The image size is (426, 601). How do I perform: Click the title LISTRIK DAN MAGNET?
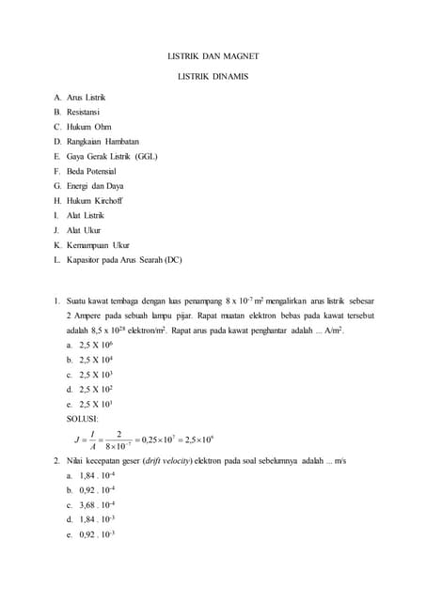click(x=213, y=55)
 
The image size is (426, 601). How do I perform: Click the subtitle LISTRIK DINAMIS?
click(x=213, y=76)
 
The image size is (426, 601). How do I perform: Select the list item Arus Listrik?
click(x=87, y=98)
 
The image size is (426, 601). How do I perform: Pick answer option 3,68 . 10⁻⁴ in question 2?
click(x=98, y=504)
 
